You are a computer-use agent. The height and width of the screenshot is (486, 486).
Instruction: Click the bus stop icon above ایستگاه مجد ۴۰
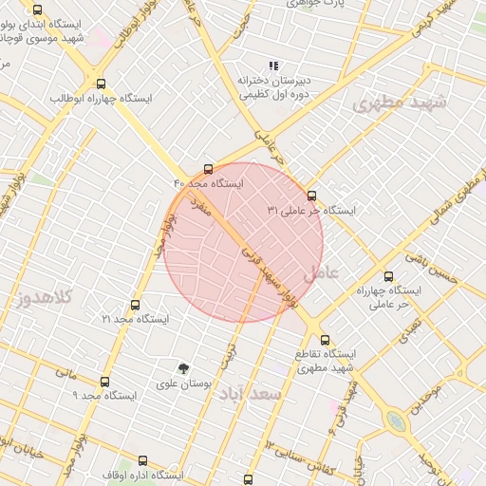coord(209,169)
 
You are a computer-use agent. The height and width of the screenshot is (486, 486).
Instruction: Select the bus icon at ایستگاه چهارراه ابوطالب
coord(101,84)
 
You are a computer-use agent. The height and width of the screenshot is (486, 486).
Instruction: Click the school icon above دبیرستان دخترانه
coord(272,65)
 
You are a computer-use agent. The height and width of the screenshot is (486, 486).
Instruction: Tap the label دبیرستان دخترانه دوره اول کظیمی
coord(273,87)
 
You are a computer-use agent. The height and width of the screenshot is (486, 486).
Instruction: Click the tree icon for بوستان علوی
coord(183,367)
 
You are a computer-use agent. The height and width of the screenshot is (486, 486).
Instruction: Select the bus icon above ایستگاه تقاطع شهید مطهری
coord(325,339)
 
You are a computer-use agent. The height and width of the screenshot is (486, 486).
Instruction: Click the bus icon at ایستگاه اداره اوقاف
coord(142,460)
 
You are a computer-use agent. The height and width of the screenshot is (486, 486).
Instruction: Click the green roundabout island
coord(396,421)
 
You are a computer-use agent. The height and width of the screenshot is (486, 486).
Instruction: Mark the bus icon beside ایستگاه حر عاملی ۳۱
coord(311,196)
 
